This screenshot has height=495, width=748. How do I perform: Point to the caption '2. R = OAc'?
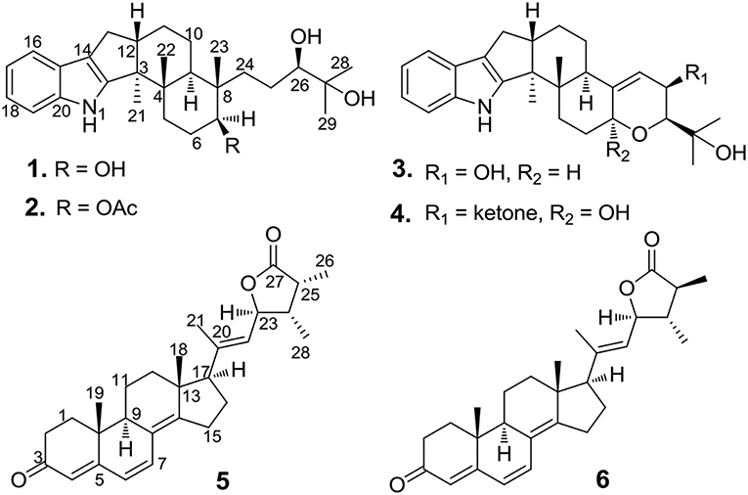(88, 239)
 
